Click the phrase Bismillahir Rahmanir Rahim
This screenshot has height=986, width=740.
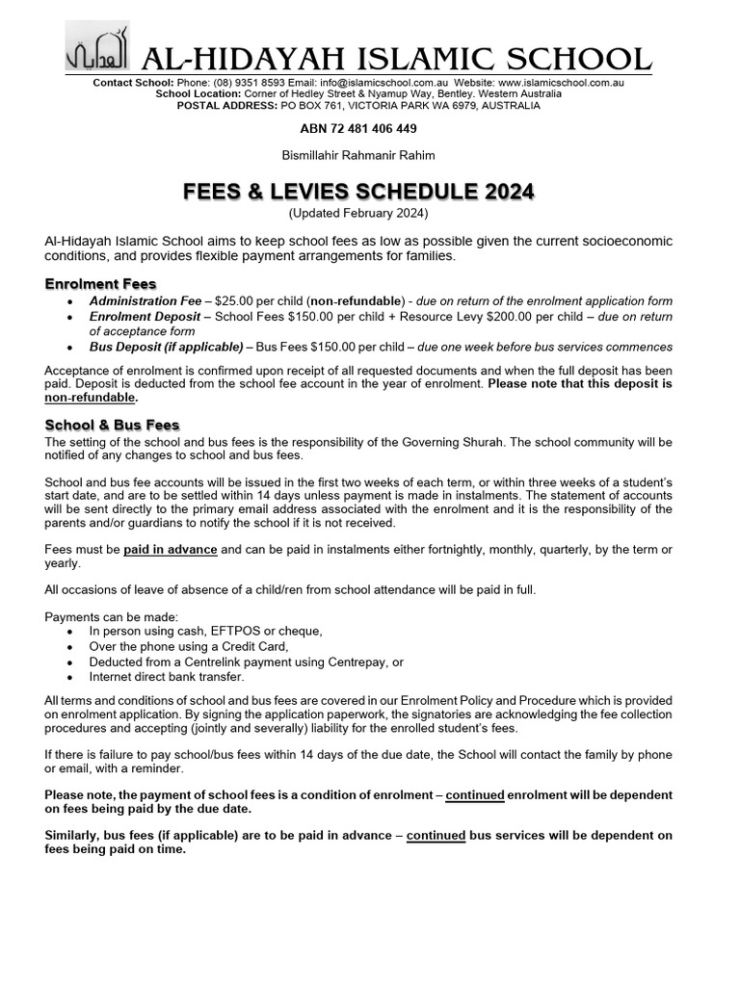[357, 156]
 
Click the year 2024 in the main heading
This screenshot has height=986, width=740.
[497, 192]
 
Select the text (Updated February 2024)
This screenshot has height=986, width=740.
[358, 212]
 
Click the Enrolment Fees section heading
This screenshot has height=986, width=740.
[100, 284]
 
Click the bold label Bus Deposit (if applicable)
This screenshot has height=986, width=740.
[166, 347]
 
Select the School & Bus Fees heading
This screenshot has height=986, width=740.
[112, 425]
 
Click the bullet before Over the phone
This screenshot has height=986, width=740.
[70, 647]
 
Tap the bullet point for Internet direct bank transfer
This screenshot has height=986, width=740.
[70, 678]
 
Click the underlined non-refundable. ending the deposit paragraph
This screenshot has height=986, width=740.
[92, 397]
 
